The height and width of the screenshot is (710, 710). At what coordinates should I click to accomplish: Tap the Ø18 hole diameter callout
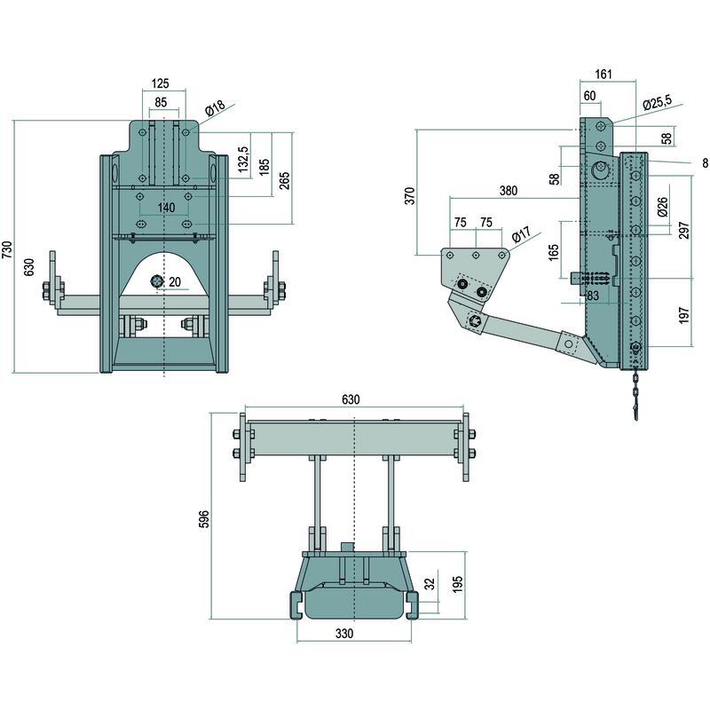(215, 108)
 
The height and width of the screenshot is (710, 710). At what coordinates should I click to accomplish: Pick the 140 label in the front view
(165, 206)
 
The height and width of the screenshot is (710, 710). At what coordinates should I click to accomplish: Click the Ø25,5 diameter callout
(659, 105)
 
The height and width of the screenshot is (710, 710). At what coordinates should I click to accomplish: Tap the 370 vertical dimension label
(409, 195)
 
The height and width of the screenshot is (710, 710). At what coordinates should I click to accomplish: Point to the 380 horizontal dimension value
(509, 191)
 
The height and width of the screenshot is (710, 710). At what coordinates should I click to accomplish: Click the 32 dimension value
(430, 584)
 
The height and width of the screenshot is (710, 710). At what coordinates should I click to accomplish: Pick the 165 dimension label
(553, 252)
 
